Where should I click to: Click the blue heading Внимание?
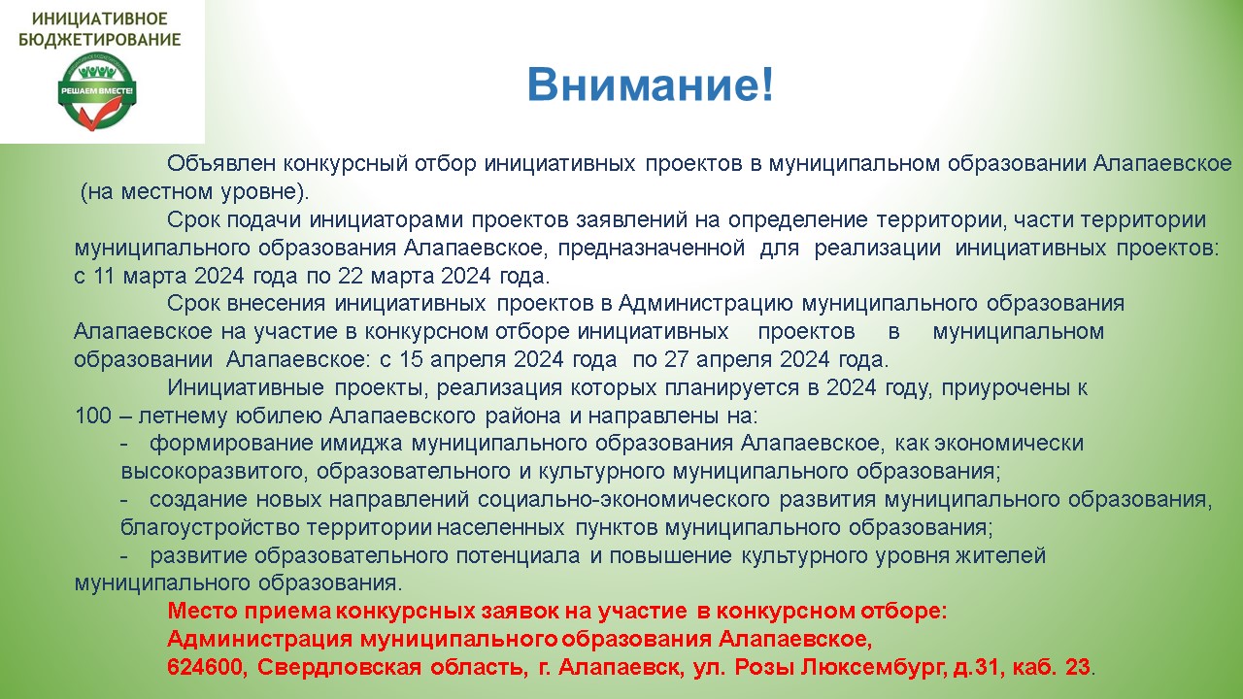coord(651,84)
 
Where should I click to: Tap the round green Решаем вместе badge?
coord(97,91)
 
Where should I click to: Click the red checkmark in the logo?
coord(99,112)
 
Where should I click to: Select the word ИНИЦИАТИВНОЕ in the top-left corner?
coord(100,18)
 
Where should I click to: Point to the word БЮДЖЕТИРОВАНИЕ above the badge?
coord(100,40)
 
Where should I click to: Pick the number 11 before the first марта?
coord(104,276)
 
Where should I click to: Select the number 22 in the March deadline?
coord(351,276)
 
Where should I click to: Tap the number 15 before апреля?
coord(411,359)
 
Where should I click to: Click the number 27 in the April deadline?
coord(677,359)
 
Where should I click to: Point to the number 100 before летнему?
coord(93,416)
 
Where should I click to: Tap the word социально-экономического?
coord(623,499)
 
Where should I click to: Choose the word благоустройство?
coord(210,527)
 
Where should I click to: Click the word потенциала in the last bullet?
coord(519,555)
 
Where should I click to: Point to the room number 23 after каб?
coord(1078,667)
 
